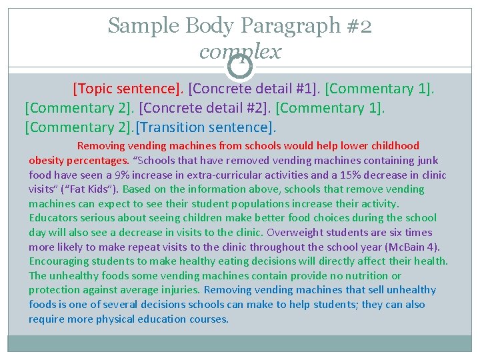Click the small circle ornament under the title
(240, 65)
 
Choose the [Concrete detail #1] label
(253, 89)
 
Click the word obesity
(46, 160)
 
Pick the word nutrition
(366, 275)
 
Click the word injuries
(179, 290)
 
